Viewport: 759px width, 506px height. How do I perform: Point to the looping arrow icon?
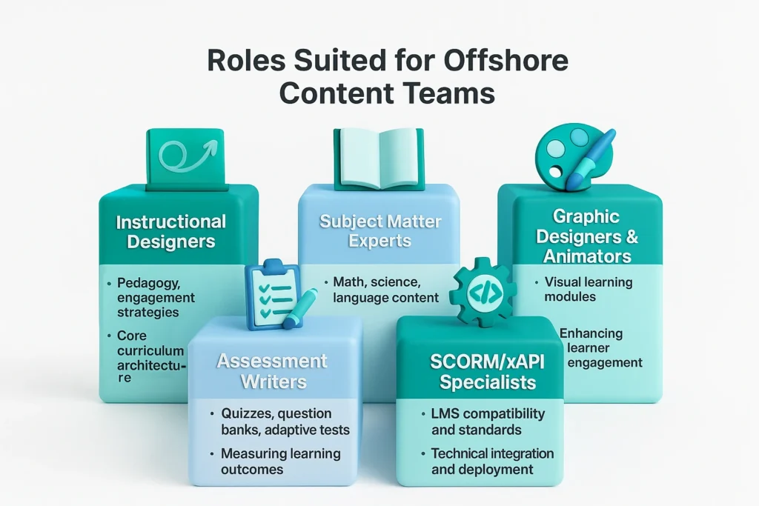[185, 155]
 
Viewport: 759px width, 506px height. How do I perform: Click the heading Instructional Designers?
[171, 231]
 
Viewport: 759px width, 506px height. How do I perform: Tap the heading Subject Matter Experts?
[380, 231]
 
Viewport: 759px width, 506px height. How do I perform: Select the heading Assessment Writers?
[271, 371]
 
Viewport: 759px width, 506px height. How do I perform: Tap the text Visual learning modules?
[585, 289]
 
